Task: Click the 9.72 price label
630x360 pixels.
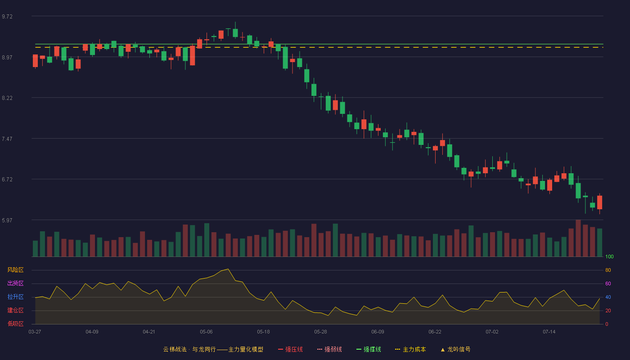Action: pyautogui.click(x=7, y=17)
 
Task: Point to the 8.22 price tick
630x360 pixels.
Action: pyautogui.click(x=7, y=98)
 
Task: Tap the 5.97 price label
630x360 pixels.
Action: pyautogui.click(x=7, y=220)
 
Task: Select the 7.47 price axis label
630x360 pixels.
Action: pyautogui.click(x=7, y=139)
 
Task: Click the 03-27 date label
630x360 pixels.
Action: pyautogui.click(x=35, y=332)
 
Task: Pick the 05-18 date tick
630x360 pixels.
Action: pyautogui.click(x=263, y=332)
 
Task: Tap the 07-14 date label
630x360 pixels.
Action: pyautogui.click(x=549, y=332)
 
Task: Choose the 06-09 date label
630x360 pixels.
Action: pyautogui.click(x=378, y=332)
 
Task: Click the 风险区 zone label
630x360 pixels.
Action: pyautogui.click(x=15, y=270)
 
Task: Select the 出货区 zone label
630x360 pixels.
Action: pyautogui.click(x=15, y=283)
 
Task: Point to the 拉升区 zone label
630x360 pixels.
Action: pyautogui.click(x=15, y=297)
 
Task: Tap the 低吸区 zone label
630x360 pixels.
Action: pyautogui.click(x=15, y=324)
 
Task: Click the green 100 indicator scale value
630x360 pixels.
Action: pyautogui.click(x=609, y=256)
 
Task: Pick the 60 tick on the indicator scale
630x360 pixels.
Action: pyautogui.click(x=608, y=283)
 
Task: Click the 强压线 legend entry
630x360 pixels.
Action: pyautogui.click(x=290, y=349)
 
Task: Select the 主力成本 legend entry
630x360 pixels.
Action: pyautogui.click(x=410, y=349)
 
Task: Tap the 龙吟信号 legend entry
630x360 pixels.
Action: pyautogui.click(x=455, y=349)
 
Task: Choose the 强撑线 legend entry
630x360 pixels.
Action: pyautogui.click(x=369, y=349)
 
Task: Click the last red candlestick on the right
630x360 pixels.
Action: pyautogui.click(x=599, y=202)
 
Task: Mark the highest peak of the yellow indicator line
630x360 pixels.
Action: pyautogui.click(x=228, y=269)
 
